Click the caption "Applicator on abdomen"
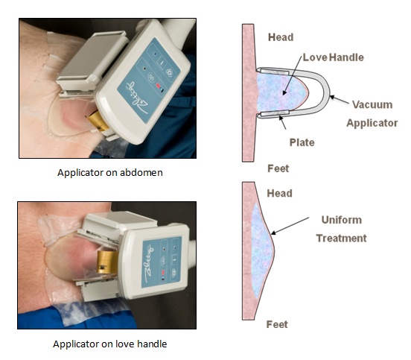point(110,173)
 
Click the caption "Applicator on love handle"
point(110,344)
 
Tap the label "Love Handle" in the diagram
point(334,57)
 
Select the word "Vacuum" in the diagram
point(372,104)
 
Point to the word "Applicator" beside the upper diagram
point(372,123)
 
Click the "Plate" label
point(302,142)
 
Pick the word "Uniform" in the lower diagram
point(342,220)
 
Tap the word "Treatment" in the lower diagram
point(341,239)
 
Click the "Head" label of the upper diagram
point(281,37)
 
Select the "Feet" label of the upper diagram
point(278,168)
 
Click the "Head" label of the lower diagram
point(280,193)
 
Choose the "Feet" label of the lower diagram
point(277,324)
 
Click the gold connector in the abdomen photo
point(98,121)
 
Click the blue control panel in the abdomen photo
point(149,80)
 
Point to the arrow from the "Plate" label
point(283,122)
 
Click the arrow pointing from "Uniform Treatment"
point(290,226)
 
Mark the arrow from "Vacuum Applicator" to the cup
point(340,100)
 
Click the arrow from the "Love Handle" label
point(292,76)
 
